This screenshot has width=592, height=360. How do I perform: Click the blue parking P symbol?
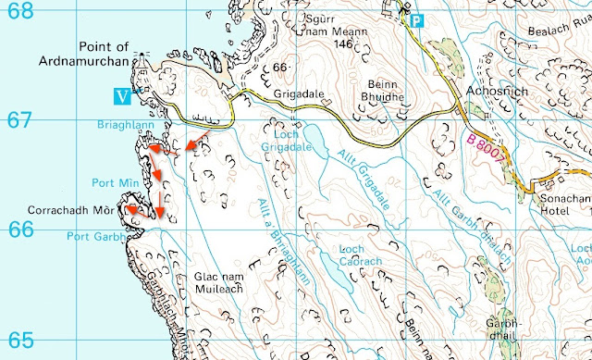click(417, 19)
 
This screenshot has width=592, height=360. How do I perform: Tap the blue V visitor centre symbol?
click(117, 94)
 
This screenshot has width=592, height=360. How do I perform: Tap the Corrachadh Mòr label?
click(70, 211)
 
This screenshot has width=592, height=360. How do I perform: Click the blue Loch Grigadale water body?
click(315, 143)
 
